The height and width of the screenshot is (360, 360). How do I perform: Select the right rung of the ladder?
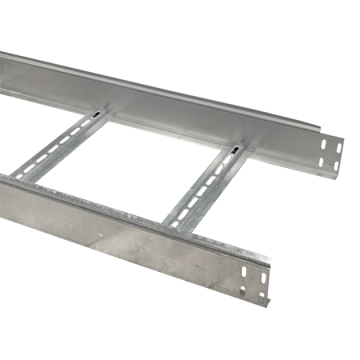coord(204,186)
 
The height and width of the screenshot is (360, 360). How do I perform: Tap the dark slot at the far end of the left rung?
coord(98,117)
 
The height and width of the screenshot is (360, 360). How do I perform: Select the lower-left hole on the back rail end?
coord(322,162)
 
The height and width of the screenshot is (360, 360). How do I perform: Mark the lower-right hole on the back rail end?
coord(336,166)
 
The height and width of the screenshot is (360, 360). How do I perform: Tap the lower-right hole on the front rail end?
coord(262,297)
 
